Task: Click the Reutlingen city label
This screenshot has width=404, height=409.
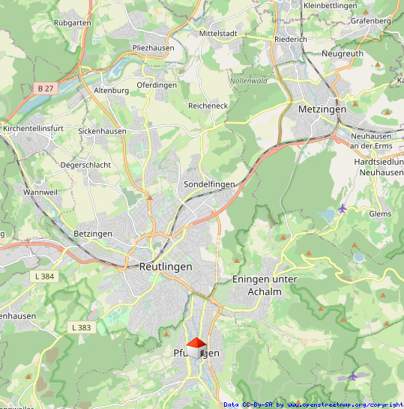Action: coord(166,266)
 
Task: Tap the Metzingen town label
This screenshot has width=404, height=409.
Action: coord(322,109)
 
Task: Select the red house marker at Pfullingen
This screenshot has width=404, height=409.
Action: coord(196,347)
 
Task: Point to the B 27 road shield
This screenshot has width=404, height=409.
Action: coord(46,88)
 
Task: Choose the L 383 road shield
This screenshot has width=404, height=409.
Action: coord(80,327)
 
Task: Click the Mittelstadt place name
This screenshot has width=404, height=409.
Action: coord(218,34)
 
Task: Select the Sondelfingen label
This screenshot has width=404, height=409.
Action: coord(209,184)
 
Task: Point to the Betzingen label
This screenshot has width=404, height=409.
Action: coord(93,234)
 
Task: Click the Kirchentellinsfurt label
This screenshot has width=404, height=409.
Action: coord(34,129)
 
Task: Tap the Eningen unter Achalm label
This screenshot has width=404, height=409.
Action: coord(265,285)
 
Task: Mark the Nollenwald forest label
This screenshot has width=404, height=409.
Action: coord(249,80)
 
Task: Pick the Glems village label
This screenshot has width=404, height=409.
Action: coord(380,213)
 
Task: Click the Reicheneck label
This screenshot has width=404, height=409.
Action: coord(208,106)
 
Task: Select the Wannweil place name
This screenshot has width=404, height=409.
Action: coord(40,193)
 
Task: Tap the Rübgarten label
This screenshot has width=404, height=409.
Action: coord(73,23)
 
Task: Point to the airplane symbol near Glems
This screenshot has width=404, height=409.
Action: coord(343,207)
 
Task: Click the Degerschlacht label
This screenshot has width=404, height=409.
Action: coord(85,165)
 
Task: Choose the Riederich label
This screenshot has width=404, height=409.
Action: coord(291,39)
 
